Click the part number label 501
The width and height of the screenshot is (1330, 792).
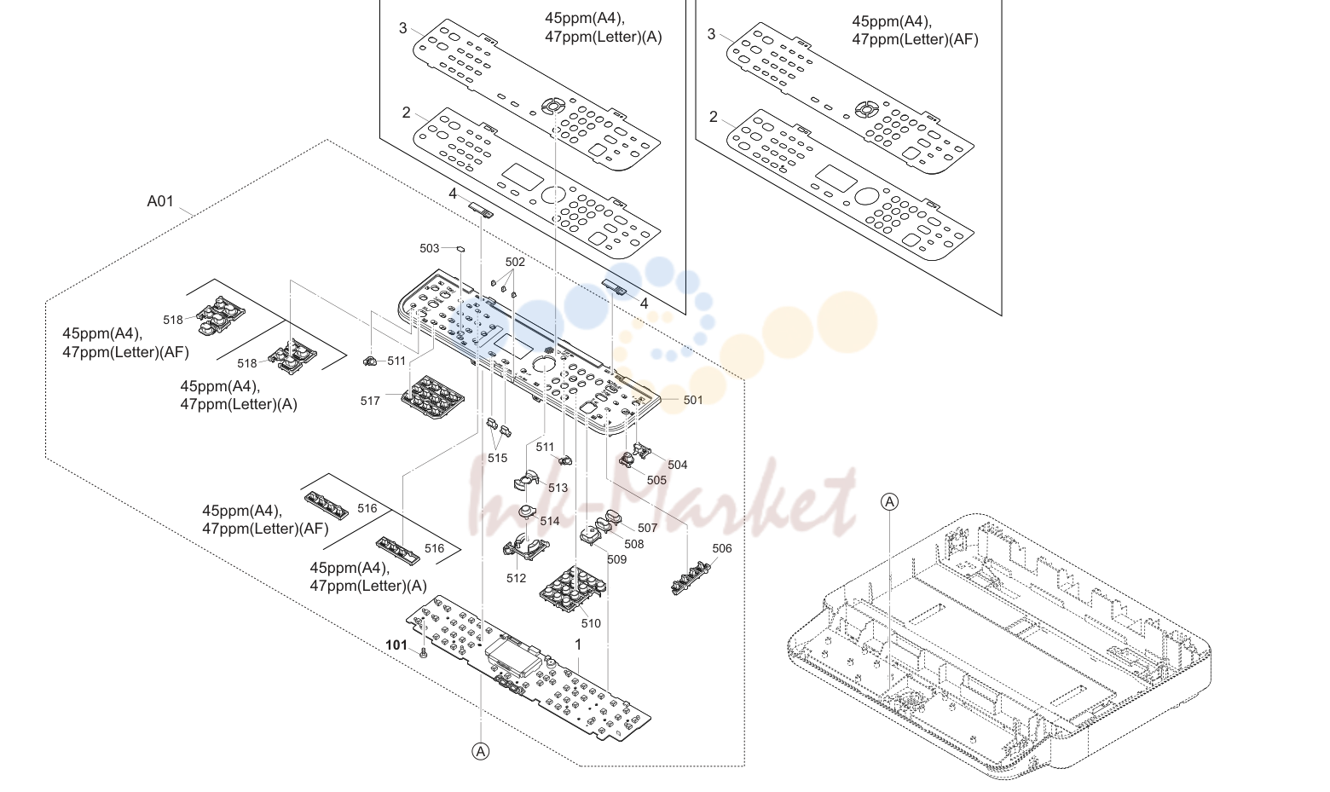click(x=693, y=400)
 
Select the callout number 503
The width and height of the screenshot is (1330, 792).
click(x=430, y=248)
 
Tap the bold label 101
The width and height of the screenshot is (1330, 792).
click(x=396, y=645)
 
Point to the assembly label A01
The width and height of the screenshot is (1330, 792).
click(x=160, y=201)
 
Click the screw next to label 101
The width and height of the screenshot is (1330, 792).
click(x=423, y=654)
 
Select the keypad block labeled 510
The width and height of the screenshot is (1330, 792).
click(x=572, y=589)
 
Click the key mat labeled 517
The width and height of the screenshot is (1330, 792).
click(x=432, y=396)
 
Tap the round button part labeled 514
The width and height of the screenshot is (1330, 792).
click(x=527, y=512)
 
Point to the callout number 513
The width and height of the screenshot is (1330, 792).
click(x=558, y=488)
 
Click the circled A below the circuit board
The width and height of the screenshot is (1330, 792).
click(x=481, y=752)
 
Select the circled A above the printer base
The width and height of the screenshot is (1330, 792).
click(x=889, y=502)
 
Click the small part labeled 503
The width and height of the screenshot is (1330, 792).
click(x=460, y=249)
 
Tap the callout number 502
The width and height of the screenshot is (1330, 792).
click(x=515, y=262)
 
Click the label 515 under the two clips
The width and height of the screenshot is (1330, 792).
click(x=498, y=458)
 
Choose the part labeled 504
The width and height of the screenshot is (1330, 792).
click(x=643, y=451)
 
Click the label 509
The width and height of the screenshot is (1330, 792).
click(x=616, y=559)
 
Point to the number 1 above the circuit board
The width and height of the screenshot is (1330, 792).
click(x=578, y=645)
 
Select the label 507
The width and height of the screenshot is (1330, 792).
click(x=647, y=528)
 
